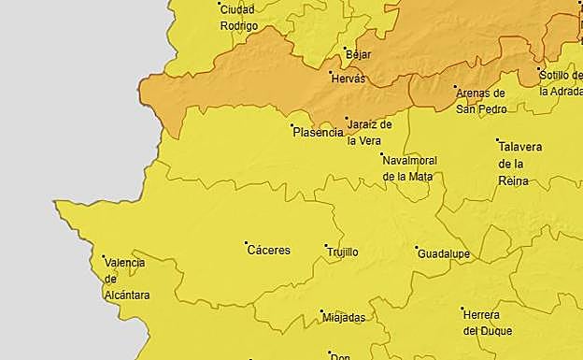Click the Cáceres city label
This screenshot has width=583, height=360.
[x=269, y=251]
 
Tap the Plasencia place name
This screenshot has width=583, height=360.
[x=319, y=133]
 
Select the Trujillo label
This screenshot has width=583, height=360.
[x=342, y=252]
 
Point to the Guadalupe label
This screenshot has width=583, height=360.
[x=444, y=254]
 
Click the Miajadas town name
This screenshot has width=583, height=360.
[x=344, y=317]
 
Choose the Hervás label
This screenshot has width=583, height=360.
[x=348, y=79]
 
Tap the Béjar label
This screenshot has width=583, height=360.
[x=359, y=54]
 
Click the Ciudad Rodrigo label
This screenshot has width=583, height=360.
[x=238, y=18]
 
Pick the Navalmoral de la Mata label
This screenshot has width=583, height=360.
[x=409, y=168]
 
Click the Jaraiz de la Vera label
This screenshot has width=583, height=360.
[x=368, y=133]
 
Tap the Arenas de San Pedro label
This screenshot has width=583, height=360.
[x=480, y=101]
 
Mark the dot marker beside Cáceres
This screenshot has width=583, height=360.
[x=247, y=243]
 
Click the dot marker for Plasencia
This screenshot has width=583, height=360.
[x=292, y=125]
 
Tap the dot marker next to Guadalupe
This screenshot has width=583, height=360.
[x=417, y=248]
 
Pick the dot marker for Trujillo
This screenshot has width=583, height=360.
[x=326, y=246]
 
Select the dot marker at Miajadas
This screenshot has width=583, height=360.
[x=322, y=311]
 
